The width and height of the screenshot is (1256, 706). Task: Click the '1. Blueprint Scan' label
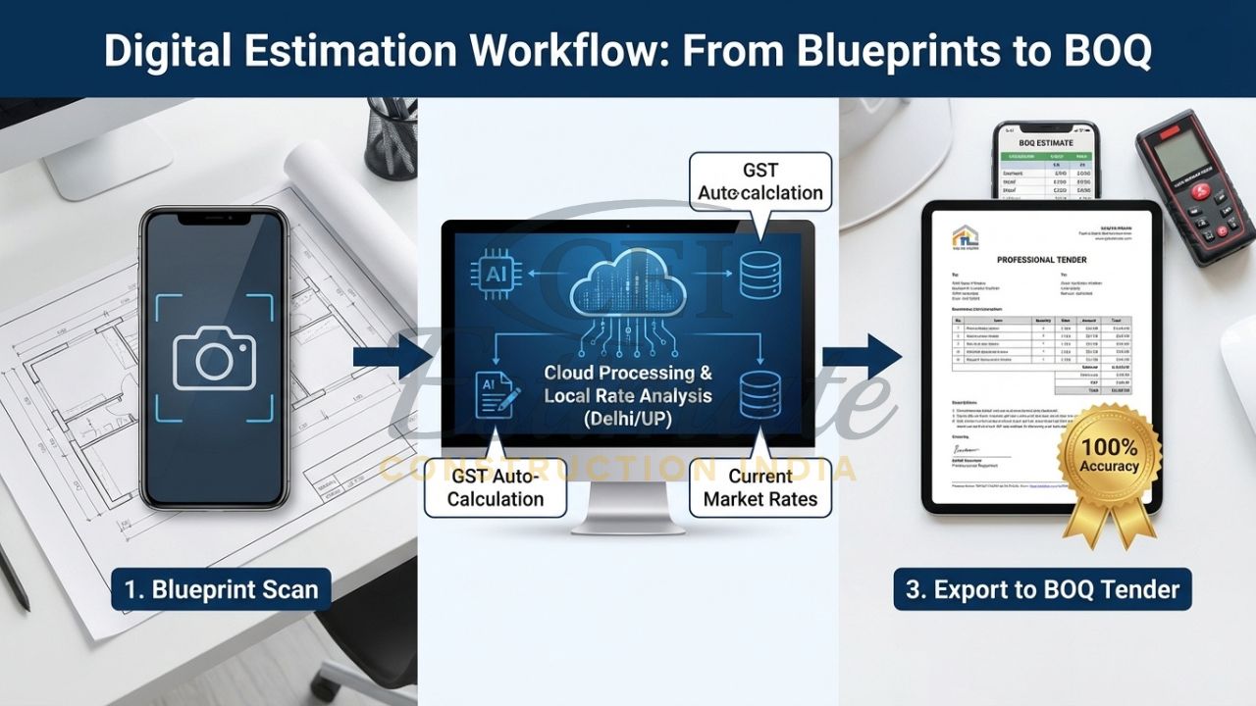click(220, 589)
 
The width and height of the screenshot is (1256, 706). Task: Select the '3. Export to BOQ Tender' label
click(1042, 589)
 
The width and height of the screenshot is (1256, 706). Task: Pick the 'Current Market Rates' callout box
click(760, 486)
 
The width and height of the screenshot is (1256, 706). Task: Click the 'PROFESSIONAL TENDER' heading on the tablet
click(1042, 260)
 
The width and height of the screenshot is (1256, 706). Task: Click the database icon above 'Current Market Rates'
click(760, 393)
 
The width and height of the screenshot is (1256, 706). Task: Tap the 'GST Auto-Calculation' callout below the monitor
click(497, 486)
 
